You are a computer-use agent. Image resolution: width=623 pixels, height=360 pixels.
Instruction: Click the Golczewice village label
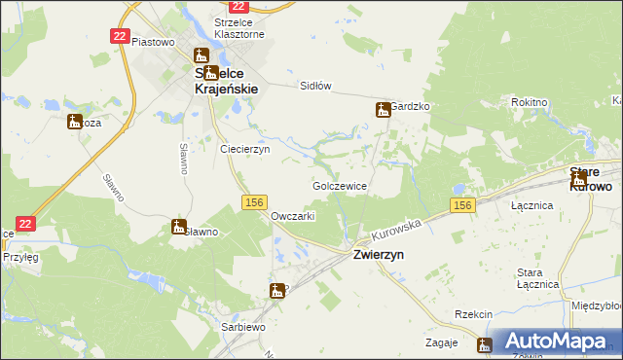[x=339, y=185]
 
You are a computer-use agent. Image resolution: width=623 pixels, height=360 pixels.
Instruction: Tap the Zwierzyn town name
[x=378, y=254]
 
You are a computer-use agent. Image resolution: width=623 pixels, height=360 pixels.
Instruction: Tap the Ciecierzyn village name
[x=245, y=150]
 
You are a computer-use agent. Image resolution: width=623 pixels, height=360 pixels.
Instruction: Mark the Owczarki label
[x=292, y=216]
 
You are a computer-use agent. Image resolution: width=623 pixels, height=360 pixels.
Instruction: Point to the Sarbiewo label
[x=243, y=328]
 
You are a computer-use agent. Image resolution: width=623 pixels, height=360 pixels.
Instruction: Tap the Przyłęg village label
[x=19, y=258]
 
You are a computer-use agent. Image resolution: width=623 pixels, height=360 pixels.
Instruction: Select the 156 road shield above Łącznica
[x=462, y=205]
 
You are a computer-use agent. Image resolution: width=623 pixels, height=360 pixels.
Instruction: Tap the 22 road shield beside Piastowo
[x=120, y=36]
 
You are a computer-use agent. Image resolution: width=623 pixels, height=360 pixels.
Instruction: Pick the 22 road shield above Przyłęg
[x=26, y=223]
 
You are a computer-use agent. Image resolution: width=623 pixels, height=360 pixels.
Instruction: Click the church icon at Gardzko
[x=383, y=111]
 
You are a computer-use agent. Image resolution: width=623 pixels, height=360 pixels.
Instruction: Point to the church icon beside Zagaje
[x=485, y=343]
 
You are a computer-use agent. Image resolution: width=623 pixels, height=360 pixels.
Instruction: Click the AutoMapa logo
[x=554, y=342]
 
